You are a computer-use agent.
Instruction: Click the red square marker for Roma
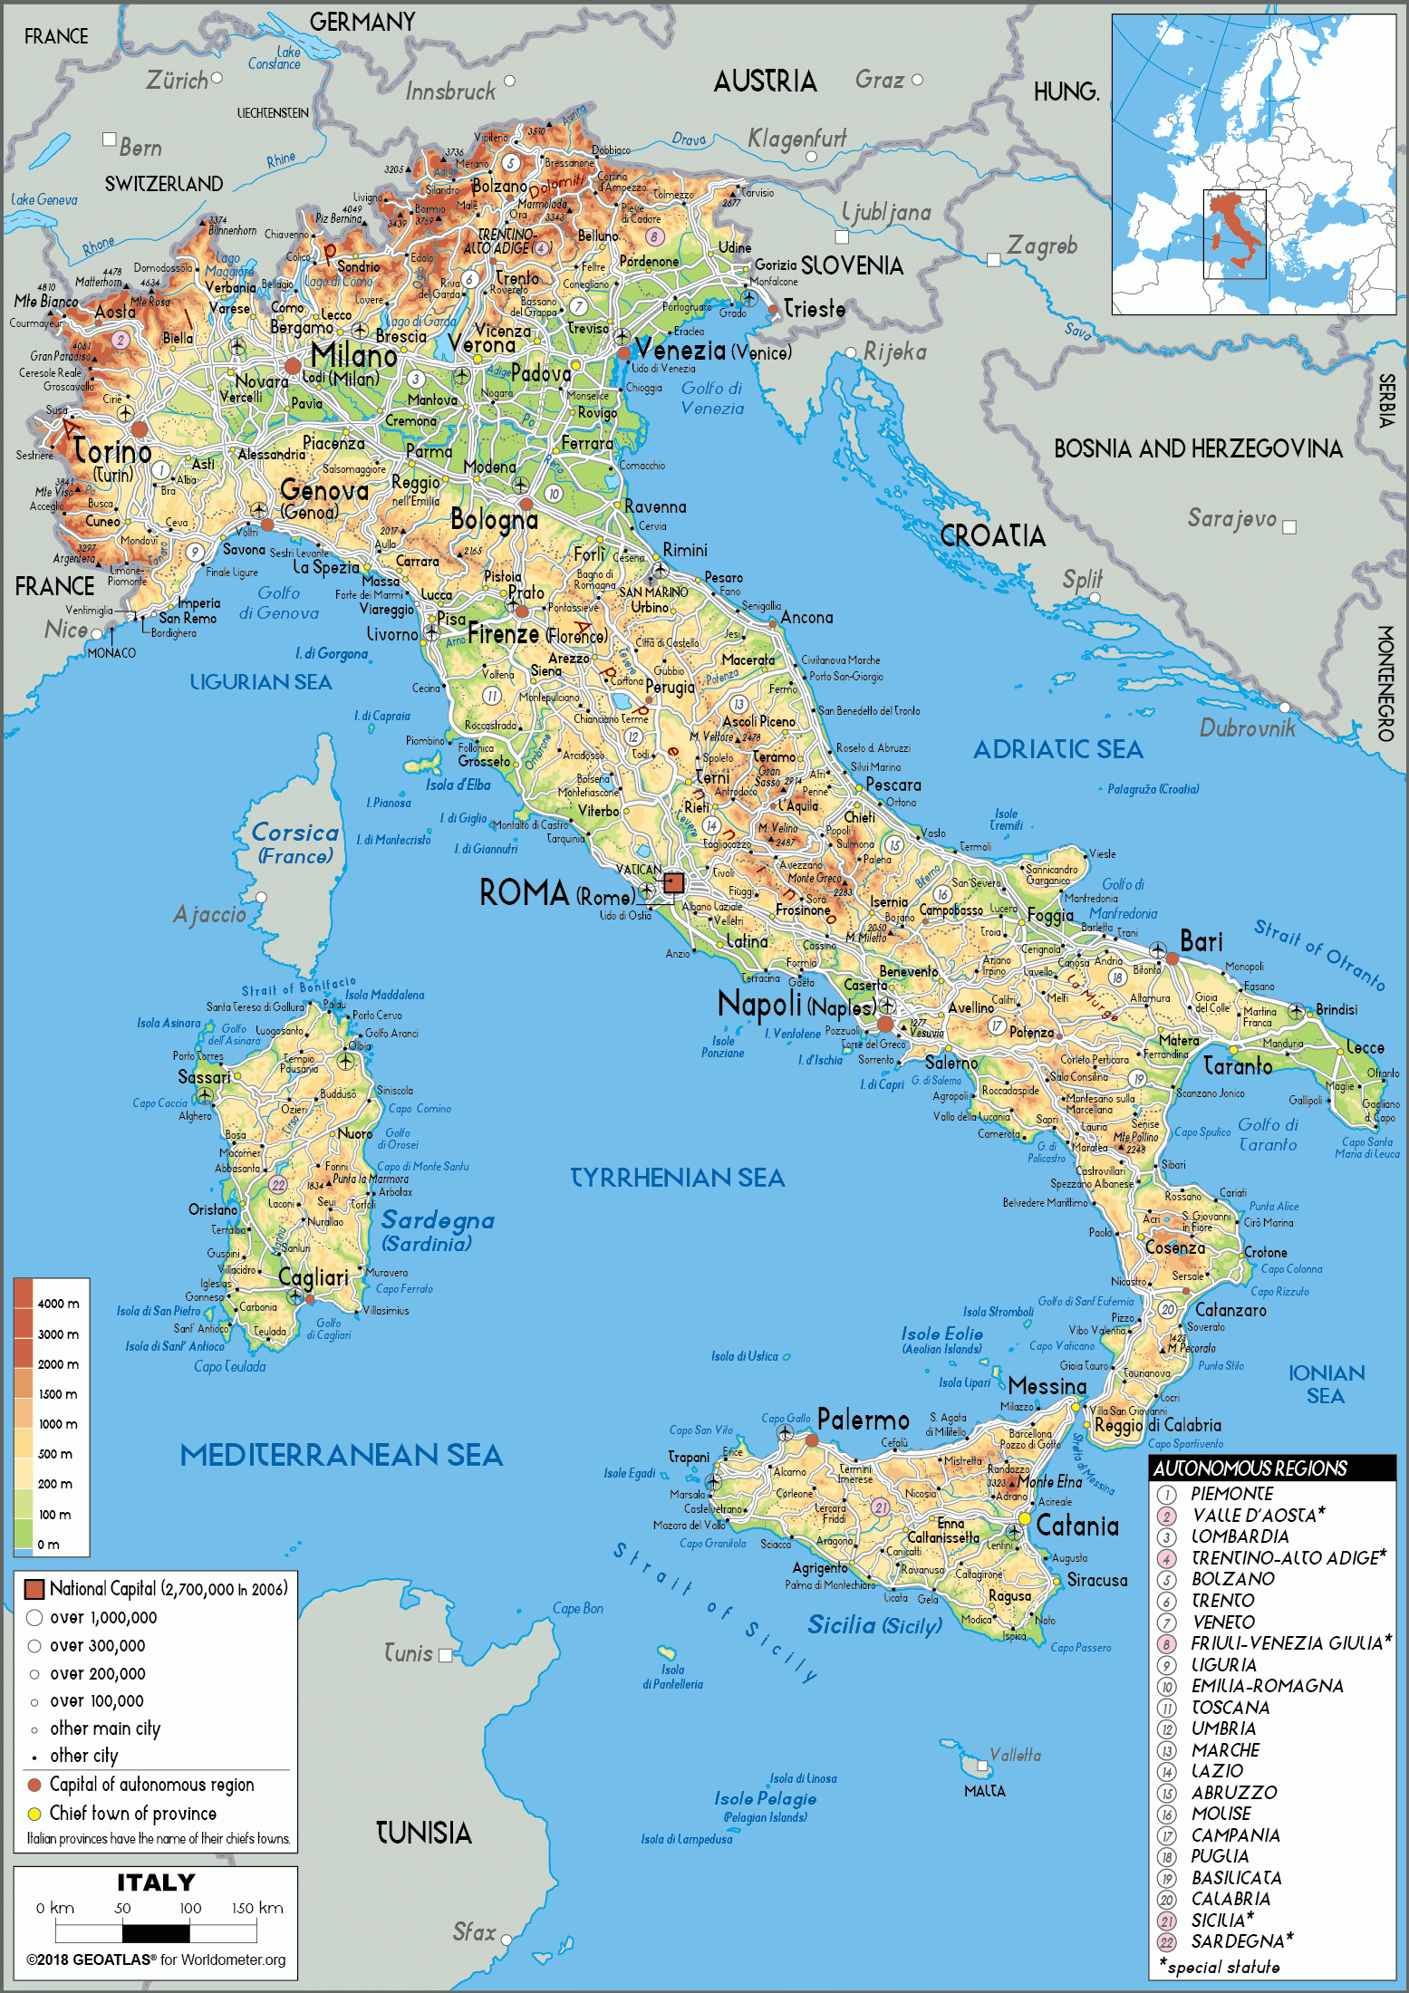[673, 881]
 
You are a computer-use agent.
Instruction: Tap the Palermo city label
[863, 1420]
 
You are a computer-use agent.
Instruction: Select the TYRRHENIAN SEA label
[677, 1177]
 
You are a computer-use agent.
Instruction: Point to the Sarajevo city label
[1231, 518]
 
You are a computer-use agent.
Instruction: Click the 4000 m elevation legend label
[58, 1304]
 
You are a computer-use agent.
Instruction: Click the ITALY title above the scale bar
[156, 1882]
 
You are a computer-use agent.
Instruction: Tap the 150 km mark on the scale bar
[257, 1907]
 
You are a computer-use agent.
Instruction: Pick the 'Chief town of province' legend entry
[132, 1813]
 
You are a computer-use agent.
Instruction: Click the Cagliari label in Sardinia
[313, 1277]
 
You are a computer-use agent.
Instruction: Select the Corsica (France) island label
[295, 842]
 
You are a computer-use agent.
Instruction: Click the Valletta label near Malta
[1015, 1755]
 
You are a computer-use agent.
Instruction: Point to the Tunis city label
[408, 1653]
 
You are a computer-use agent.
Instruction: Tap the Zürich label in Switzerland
[177, 81]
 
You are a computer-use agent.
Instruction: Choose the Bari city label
[1201, 941]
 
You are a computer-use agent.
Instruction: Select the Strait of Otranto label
[1318, 955]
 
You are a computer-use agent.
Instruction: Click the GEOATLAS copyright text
[156, 1959]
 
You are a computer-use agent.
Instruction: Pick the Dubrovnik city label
[1247, 727]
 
